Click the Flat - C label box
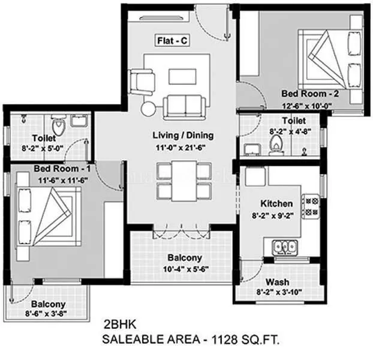click(173, 41)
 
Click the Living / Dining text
click(183, 135)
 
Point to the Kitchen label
click(276, 203)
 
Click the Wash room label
click(278, 281)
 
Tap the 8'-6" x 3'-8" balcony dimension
click(44, 313)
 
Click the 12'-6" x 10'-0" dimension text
click(307, 106)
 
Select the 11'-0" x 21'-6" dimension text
click(183, 147)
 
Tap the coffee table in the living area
click(183, 76)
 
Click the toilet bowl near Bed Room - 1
click(58, 128)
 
